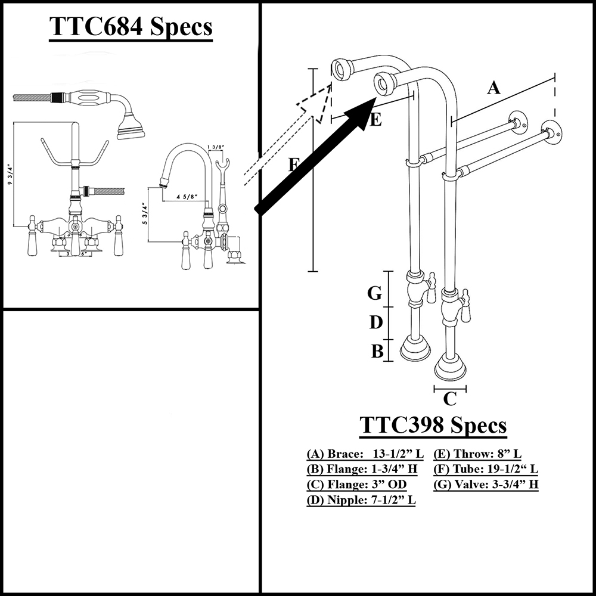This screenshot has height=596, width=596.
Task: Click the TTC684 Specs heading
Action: tap(130, 27)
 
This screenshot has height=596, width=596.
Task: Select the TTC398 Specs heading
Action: tap(433, 426)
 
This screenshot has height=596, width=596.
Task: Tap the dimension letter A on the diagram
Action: tap(493, 88)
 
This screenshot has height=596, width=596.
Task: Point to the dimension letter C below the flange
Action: tap(451, 398)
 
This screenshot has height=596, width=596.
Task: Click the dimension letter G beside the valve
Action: tap(374, 293)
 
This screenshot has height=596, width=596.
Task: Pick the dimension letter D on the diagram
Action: tap(375, 322)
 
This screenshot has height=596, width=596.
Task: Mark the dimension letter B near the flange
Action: tap(377, 352)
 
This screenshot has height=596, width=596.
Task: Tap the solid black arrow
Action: tap(316, 156)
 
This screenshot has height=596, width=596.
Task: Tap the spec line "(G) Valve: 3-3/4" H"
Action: tap(486, 485)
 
